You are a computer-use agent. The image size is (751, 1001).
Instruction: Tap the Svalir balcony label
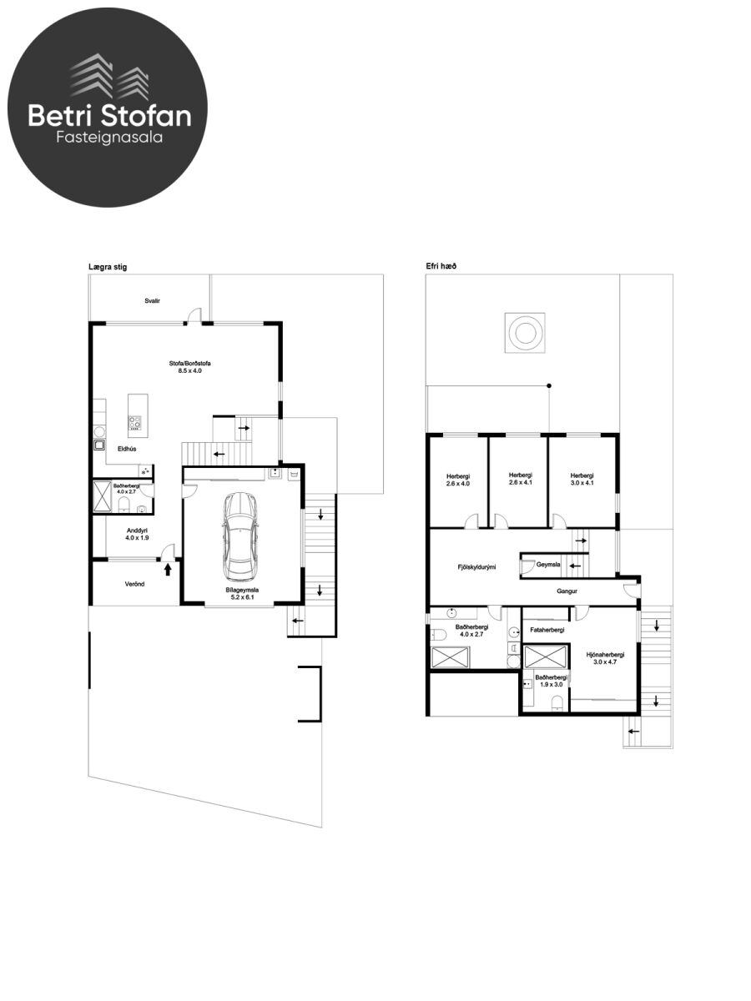point(153,301)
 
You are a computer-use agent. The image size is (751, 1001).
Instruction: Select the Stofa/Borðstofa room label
point(189,367)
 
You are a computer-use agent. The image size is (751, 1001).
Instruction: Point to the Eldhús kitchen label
point(127,449)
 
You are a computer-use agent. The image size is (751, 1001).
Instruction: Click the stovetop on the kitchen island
point(134,423)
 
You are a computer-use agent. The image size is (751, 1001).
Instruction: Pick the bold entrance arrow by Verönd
point(168,569)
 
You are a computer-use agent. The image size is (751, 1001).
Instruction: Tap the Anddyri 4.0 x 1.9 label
point(137,534)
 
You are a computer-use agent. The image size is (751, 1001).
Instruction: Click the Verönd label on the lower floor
point(135,584)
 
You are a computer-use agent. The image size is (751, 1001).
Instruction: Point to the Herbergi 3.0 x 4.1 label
point(582,479)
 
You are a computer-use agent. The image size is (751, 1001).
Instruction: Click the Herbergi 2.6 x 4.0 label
point(458,480)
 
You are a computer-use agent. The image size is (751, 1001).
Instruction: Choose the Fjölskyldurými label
point(476,567)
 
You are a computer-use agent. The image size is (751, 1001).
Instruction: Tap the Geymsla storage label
point(548,565)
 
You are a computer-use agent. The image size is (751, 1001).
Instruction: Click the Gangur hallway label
point(567,591)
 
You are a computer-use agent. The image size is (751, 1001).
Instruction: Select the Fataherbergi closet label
point(547,630)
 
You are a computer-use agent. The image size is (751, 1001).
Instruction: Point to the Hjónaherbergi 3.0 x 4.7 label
point(605,658)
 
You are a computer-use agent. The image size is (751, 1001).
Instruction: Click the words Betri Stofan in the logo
point(109,115)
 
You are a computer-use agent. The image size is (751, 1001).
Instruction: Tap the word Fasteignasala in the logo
point(109,138)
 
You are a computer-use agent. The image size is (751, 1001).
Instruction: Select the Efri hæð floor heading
point(441,266)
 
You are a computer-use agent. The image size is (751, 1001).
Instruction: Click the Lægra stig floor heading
point(108,267)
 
